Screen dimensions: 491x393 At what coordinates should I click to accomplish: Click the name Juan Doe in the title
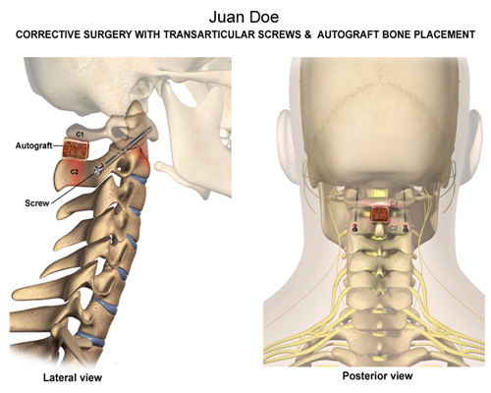click(244, 17)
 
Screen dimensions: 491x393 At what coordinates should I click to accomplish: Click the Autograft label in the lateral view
click(33, 145)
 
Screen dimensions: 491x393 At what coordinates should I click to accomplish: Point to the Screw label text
click(37, 203)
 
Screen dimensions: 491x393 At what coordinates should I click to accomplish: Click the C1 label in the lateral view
click(80, 134)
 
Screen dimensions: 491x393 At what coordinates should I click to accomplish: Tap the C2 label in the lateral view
click(75, 171)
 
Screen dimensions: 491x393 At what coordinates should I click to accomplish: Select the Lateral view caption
click(73, 377)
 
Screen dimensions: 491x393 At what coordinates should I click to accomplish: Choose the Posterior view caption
click(377, 375)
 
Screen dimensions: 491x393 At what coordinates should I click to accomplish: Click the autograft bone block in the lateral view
click(76, 149)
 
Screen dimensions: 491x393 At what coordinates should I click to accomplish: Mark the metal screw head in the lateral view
click(97, 170)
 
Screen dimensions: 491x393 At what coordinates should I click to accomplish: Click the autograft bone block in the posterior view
click(379, 215)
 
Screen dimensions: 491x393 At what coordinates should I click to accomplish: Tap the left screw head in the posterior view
click(354, 228)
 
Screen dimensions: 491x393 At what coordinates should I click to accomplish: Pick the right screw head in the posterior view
click(406, 228)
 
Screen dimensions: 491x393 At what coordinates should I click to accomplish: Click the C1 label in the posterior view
click(394, 203)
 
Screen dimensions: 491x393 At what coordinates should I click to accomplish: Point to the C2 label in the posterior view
click(393, 228)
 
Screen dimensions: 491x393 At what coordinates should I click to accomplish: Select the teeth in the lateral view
click(227, 137)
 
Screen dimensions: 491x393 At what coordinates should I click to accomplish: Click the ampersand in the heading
click(307, 34)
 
